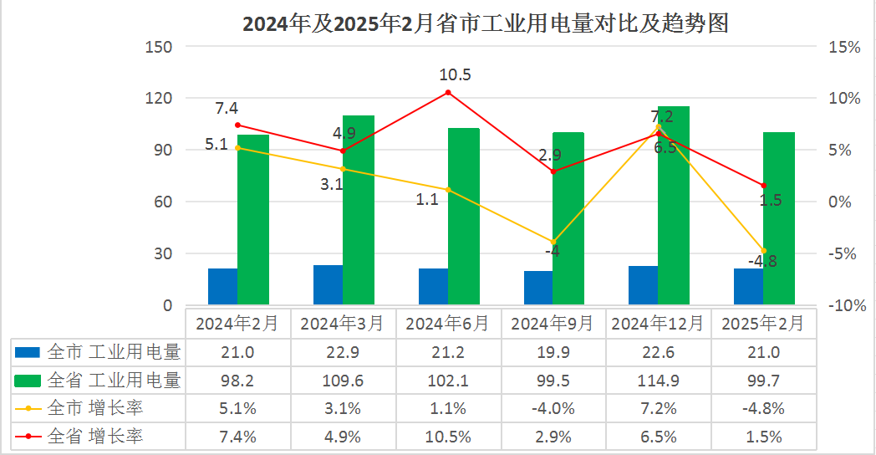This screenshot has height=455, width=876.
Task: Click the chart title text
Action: [x=486, y=23]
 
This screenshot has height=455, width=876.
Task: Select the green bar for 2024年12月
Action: [x=674, y=205]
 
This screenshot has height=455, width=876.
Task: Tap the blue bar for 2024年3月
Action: [x=328, y=284]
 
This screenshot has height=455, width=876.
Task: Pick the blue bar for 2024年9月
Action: [x=538, y=288]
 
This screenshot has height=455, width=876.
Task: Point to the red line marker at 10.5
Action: [x=448, y=92]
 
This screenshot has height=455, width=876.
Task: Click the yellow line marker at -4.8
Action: [x=763, y=251]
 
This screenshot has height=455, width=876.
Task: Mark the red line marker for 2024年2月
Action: [x=238, y=125]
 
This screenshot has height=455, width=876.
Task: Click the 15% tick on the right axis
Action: [x=843, y=47]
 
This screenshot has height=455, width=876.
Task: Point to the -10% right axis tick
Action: [x=843, y=305]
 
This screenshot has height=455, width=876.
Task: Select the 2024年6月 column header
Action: [x=448, y=323]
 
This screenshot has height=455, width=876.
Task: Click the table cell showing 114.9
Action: [x=658, y=380]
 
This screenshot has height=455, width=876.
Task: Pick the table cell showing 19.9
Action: [x=553, y=351]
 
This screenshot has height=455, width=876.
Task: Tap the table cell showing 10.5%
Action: [x=448, y=437]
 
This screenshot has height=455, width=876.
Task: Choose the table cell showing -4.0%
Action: [x=553, y=408]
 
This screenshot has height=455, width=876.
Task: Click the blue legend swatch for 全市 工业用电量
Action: [x=28, y=351]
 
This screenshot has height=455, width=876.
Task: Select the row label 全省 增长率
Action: [x=95, y=437]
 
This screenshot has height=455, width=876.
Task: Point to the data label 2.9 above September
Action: [x=550, y=156]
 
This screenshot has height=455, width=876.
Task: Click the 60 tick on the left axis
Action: [x=161, y=202]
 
